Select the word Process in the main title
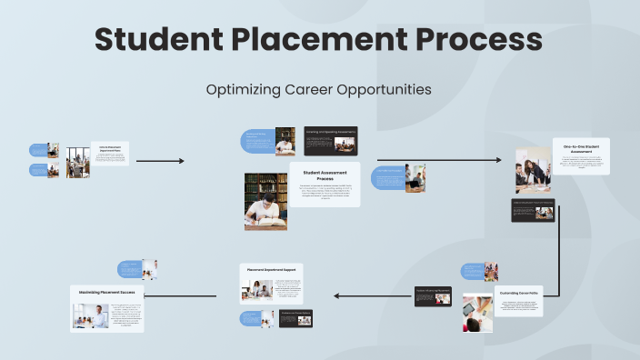pos(485,40)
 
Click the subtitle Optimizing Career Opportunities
pos(318,90)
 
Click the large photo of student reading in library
pos(265,201)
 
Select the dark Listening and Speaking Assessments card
pos(330,141)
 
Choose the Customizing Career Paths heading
pos(520,293)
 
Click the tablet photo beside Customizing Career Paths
pos(477,313)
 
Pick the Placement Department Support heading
pos(271,269)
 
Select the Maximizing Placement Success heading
pos(107,292)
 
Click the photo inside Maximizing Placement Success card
pos(91,315)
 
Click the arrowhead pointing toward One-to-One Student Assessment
pos(498,161)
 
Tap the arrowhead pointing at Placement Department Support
pos(337,295)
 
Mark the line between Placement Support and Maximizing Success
pos(183,295)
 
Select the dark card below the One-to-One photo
pos(533,212)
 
